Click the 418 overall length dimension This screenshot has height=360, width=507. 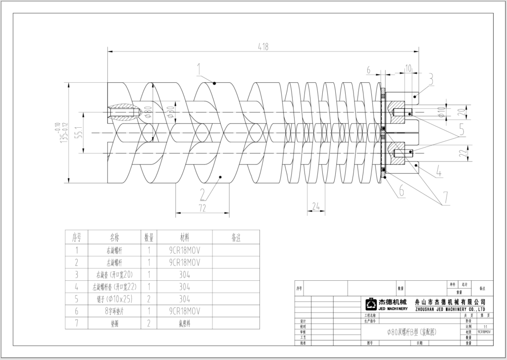[263, 47]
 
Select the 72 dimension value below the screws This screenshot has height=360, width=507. [202, 208]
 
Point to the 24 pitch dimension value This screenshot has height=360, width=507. [316, 206]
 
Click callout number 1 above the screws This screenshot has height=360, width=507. [199, 68]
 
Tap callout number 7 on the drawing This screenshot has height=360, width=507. [446, 197]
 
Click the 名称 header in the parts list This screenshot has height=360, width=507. [114, 238]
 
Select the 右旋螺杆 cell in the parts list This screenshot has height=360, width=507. [114, 250]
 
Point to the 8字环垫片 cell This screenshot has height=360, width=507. [114, 311]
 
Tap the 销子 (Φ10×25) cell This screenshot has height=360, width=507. [114, 299]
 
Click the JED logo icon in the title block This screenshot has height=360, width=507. [371, 304]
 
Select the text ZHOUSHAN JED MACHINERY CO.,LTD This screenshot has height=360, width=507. [449, 309]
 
